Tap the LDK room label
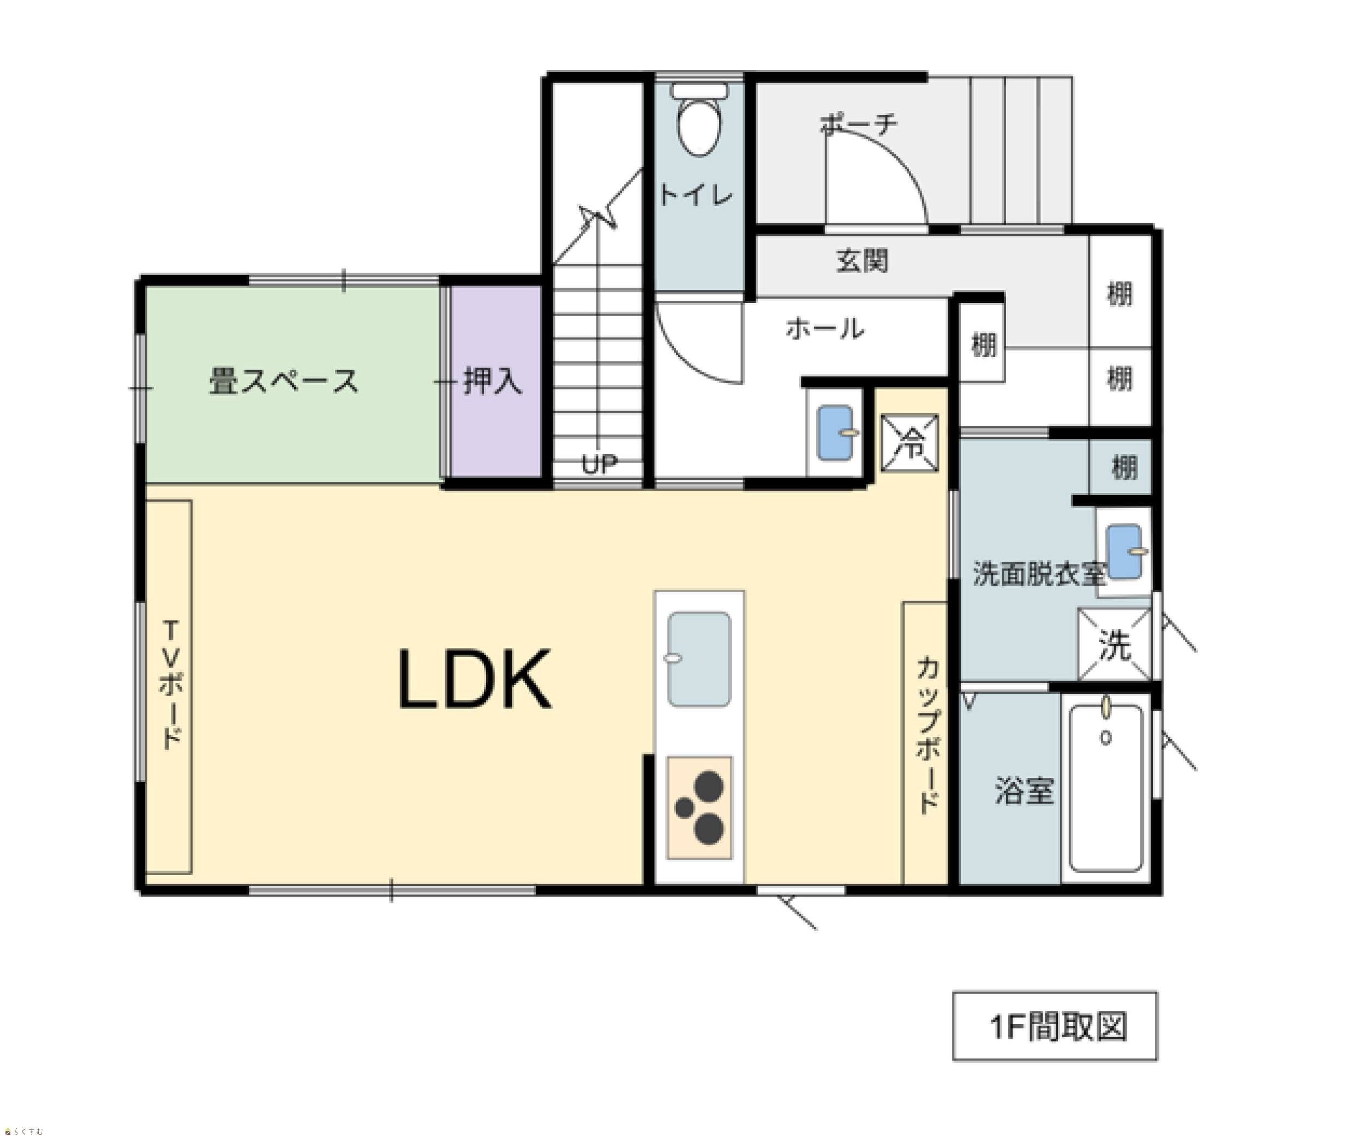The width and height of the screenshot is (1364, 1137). (x=475, y=680)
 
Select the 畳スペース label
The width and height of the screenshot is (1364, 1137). (x=283, y=381)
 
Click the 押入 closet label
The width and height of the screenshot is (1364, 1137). (x=492, y=381)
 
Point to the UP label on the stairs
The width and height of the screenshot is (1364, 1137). (x=599, y=464)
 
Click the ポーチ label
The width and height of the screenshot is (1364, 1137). (x=859, y=123)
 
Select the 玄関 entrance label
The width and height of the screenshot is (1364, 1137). (x=862, y=260)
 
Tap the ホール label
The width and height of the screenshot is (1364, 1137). (x=825, y=329)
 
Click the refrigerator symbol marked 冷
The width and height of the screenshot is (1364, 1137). (x=910, y=443)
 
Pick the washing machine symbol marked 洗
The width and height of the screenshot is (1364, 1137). (x=1115, y=644)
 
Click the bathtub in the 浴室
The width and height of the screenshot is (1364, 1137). (x=1105, y=788)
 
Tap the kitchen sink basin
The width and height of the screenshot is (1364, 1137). (x=699, y=659)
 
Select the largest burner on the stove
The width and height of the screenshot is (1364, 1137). (x=709, y=785)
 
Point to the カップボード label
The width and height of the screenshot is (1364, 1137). (x=928, y=735)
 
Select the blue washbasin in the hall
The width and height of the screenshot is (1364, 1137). (x=836, y=433)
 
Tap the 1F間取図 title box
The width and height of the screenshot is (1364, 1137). (x=1055, y=1027)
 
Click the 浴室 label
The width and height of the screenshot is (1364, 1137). (x=1024, y=791)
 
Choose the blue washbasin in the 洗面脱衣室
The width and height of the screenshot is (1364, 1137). (x=1124, y=552)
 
